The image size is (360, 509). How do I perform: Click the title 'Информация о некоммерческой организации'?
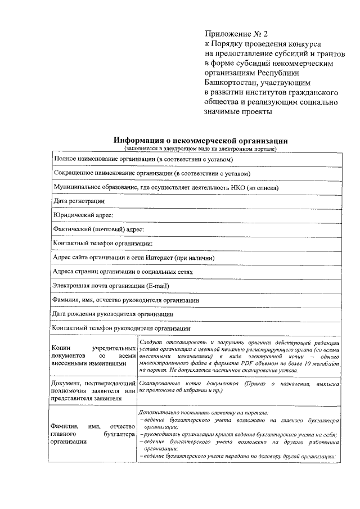tap(200, 141)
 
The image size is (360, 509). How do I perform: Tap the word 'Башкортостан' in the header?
tap(230, 82)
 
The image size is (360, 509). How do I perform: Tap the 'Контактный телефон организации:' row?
tap(102, 244)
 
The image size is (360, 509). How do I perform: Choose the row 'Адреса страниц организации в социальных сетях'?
tap(123, 272)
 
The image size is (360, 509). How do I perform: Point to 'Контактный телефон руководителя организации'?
tap(121, 328)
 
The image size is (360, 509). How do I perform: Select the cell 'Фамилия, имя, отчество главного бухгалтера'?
tap(91, 434)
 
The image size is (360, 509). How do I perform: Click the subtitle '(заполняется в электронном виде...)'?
tap(200, 149)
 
